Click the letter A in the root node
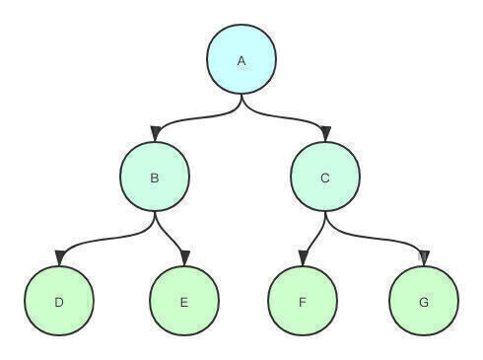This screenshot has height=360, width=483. (241, 61)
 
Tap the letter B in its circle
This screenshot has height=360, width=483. (155, 178)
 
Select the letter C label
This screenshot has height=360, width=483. (325, 178)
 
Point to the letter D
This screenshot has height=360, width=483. (59, 302)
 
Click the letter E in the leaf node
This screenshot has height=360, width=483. (184, 302)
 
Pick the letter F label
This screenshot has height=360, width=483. (303, 302)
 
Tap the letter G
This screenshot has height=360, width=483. (424, 302)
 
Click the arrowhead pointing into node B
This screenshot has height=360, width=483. (155, 134)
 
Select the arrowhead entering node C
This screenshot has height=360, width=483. (326, 134)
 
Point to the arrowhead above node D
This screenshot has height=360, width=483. (60, 257)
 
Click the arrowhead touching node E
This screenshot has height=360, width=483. (185, 258)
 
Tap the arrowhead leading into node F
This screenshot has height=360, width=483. (304, 258)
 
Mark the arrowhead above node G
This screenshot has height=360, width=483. (424, 258)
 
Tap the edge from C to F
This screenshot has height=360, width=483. (315, 234)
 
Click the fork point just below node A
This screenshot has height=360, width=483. (241, 99)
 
